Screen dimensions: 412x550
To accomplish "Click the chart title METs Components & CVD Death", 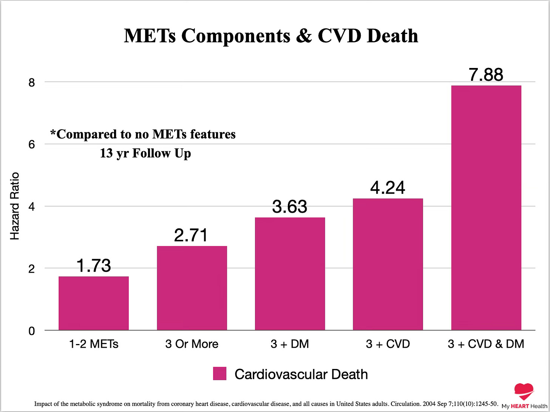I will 271,36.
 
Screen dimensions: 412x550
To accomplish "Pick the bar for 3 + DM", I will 290,274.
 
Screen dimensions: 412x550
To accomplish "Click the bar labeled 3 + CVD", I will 388,264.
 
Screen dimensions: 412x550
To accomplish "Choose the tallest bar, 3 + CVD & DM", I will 486,208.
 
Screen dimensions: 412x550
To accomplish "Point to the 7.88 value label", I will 486,75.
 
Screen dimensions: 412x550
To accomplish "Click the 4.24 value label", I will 388,188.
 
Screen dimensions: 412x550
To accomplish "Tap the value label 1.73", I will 94,266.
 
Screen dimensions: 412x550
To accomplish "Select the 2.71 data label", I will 191,235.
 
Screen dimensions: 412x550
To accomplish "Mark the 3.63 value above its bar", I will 290,207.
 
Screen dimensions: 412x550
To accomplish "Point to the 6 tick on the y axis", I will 32,144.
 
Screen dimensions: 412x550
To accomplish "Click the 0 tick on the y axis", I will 32,331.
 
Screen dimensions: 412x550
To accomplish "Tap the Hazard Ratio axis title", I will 14,206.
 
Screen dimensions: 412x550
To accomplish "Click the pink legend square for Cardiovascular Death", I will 219,373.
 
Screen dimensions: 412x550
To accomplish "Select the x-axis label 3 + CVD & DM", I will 486,344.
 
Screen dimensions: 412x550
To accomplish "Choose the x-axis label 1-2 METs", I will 94,344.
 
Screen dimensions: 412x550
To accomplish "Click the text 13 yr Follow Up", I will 145,153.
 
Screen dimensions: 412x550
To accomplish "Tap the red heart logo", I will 524,391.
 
